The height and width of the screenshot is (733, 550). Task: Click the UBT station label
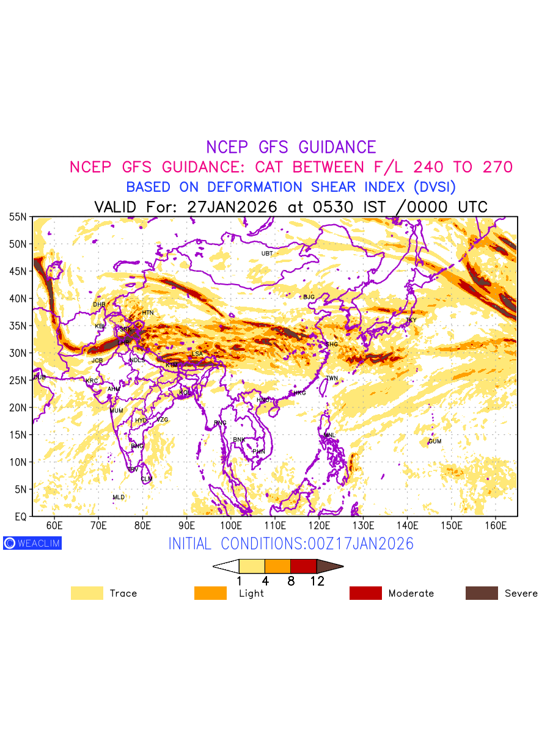267,253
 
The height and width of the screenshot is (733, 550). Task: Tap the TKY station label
411,320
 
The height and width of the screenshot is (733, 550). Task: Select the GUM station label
435,441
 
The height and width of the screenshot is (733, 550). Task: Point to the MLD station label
119,497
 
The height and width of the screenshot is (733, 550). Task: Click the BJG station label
309,297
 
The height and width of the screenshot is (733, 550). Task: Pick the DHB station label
99,304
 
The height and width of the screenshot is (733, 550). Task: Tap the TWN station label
332,378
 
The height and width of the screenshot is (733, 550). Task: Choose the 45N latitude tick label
17,271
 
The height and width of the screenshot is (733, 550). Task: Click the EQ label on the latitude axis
20,517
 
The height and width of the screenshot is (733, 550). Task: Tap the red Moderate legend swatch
365,593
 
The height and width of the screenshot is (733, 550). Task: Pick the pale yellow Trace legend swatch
87,593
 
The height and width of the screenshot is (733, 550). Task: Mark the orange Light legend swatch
210,593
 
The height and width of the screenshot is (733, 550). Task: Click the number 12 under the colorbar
317,582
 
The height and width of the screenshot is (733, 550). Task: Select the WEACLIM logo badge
32,543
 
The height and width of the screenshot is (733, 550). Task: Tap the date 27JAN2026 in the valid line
233,206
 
